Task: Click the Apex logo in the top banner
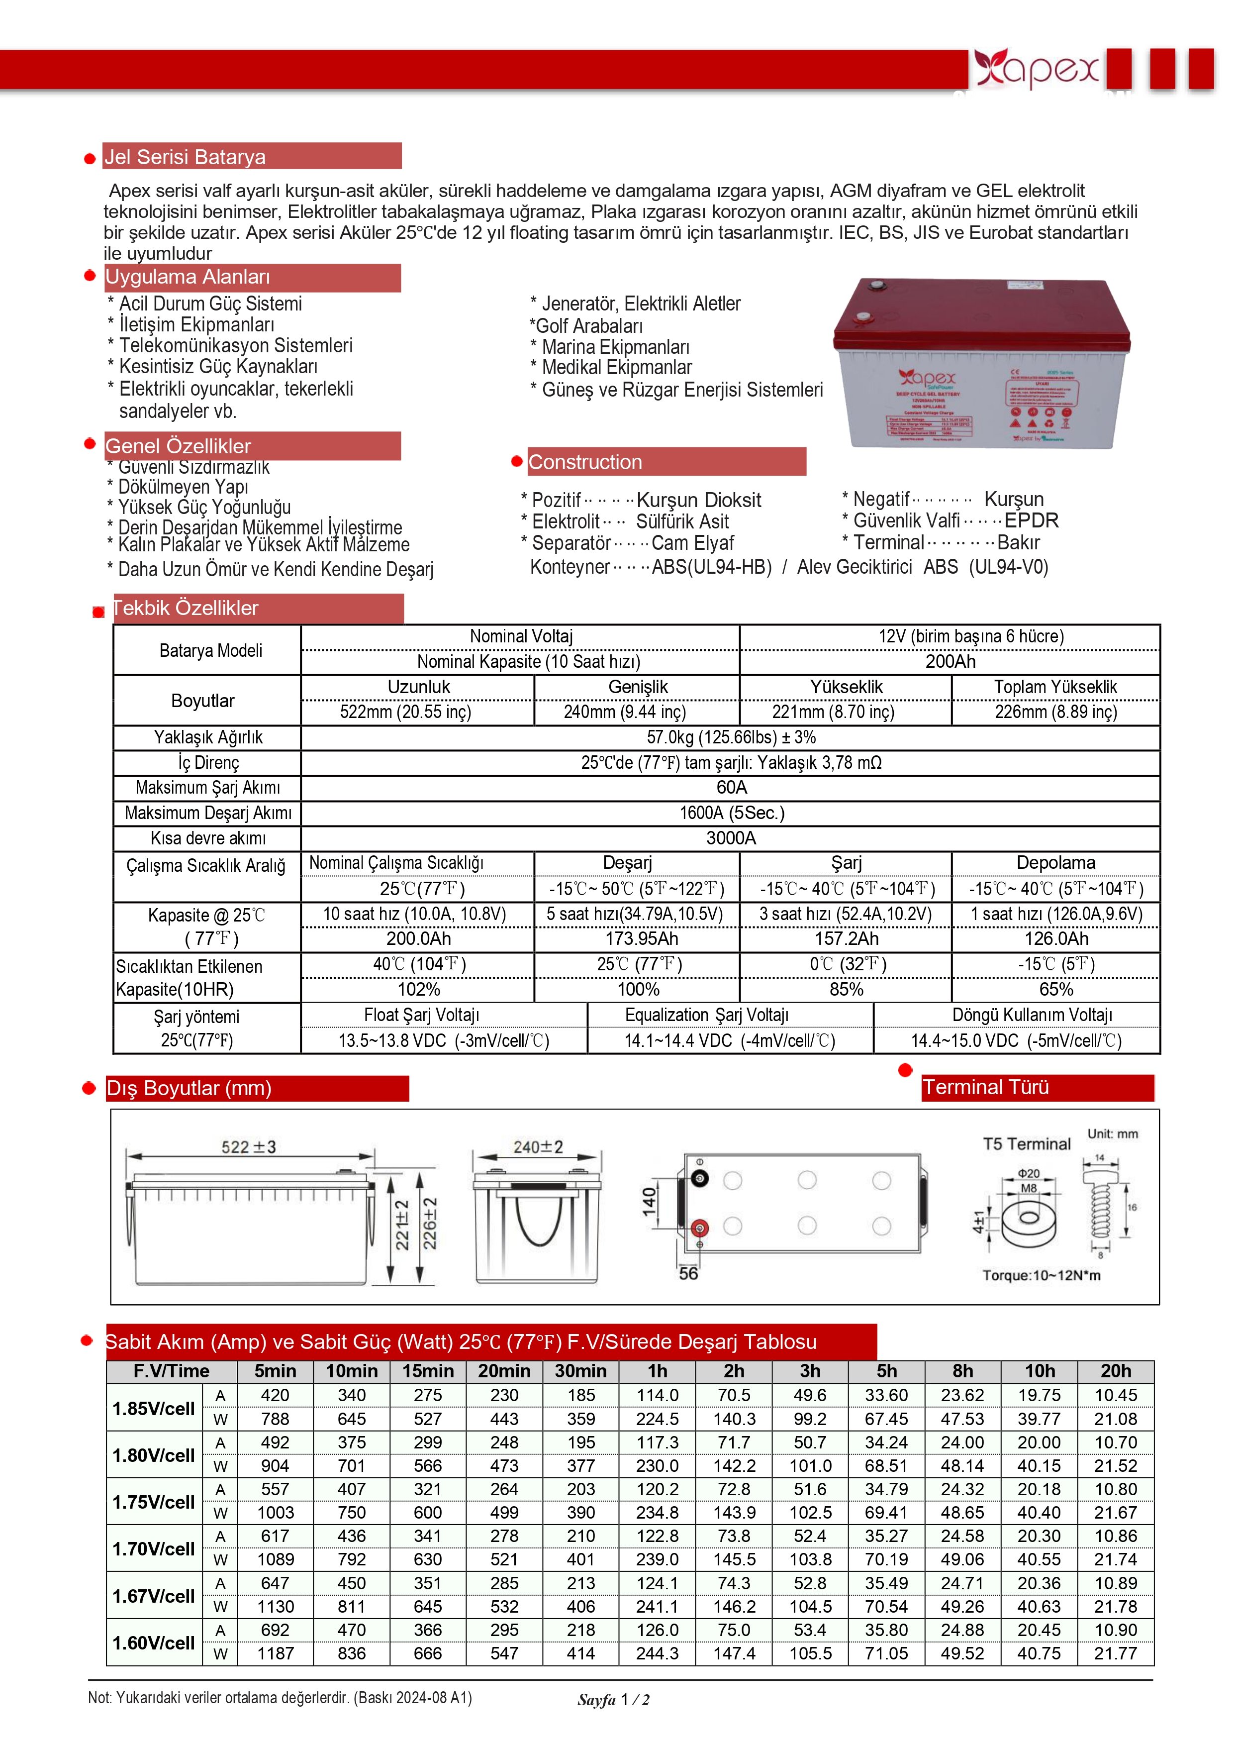click(1038, 69)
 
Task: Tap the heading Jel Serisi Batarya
click(185, 157)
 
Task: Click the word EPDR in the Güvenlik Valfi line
click(1031, 521)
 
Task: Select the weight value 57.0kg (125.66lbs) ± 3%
click(731, 737)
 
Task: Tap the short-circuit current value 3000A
click(731, 838)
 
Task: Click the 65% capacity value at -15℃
click(1055, 989)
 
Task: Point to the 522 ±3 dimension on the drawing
click(248, 1146)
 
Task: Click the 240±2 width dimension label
click(537, 1146)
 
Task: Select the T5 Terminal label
click(1026, 1143)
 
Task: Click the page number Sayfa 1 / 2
click(613, 1700)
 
